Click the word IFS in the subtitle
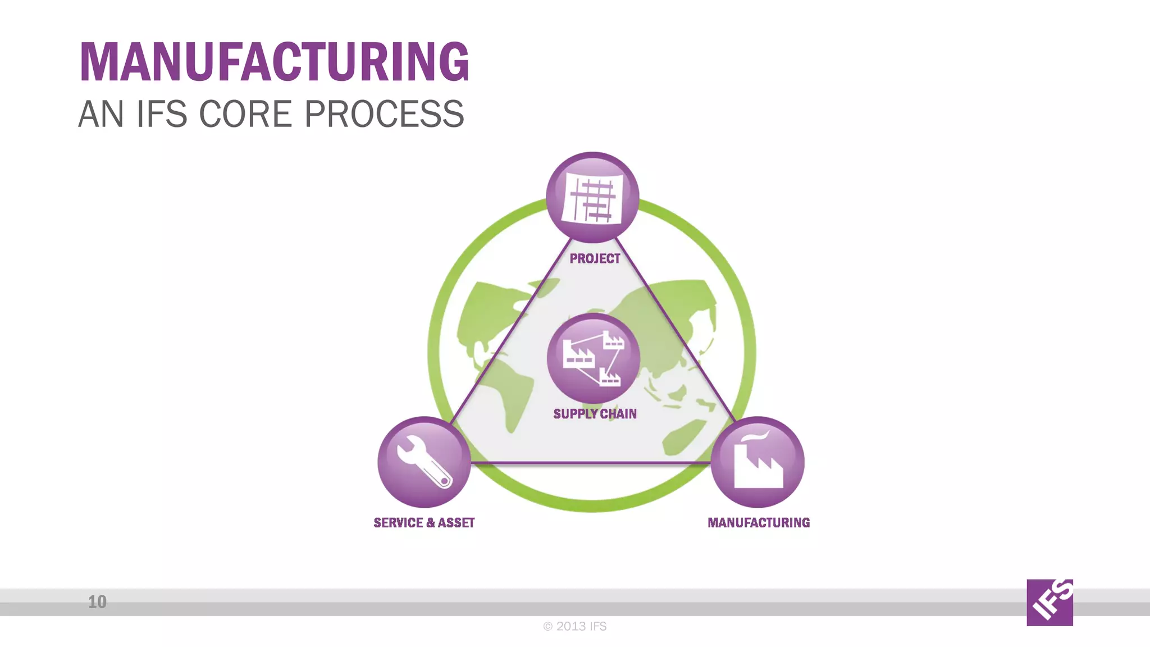(162, 114)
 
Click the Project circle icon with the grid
(592, 198)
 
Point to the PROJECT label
(595, 259)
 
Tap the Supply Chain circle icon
(593, 358)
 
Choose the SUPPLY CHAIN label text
(595, 414)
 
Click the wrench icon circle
(424, 462)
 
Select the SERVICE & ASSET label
(424, 523)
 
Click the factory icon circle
(757, 462)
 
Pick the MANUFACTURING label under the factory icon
(759, 523)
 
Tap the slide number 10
(97, 602)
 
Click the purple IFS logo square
(1049, 602)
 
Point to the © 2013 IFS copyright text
(575, 626)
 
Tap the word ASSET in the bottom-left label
(456, 523)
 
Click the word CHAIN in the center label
(618, 414)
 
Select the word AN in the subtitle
(101, 114)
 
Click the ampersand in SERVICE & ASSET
(431, 523)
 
